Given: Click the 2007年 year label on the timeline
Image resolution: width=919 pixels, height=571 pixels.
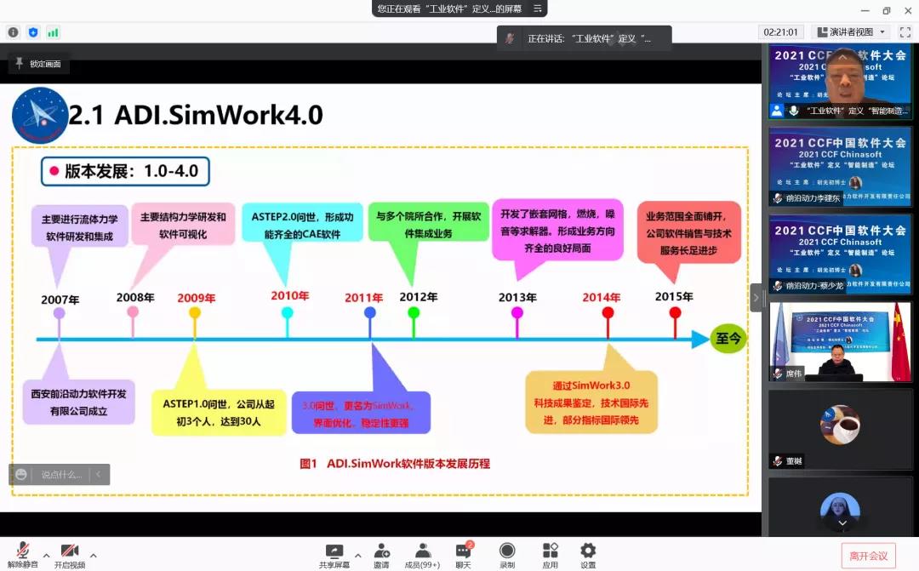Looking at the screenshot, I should coord(60,300).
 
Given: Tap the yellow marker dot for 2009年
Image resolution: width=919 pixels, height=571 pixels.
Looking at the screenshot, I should coord(195,312).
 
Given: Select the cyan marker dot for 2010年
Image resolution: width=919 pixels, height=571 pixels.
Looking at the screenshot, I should coord(288,312).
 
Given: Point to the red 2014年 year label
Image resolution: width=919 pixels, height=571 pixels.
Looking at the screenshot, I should coord(602,298).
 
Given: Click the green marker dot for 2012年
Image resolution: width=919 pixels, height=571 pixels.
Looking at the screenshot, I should coord(414,312).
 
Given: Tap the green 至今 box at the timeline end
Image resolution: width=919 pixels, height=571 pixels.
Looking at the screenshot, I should coord(729,339).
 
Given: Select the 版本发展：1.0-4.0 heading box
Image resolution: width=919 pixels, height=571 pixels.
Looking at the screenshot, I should coord(125,171).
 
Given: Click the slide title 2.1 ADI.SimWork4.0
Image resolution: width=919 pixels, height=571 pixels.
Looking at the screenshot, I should coord(196,115).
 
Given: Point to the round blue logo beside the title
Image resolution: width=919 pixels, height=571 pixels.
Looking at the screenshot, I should coord(40,115).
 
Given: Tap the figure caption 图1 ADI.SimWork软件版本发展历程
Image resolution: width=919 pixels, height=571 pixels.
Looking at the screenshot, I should coord(395,464).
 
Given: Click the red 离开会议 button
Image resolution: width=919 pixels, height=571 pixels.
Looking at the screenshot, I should coord(868,556).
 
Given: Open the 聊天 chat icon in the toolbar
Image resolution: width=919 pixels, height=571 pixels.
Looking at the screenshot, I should coord(463,551).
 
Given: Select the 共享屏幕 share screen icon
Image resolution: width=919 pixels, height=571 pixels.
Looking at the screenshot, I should coord(334,551).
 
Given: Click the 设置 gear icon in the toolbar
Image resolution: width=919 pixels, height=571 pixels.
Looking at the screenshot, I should coord(588,551).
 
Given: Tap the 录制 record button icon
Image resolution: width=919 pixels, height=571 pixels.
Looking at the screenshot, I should coord(507,551).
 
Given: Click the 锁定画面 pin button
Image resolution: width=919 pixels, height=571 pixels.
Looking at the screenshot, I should coord(38,64).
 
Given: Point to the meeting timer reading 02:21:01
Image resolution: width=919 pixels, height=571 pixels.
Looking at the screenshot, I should coord(780,32).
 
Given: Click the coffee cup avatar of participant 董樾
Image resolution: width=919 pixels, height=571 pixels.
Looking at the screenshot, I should coord(840,424).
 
